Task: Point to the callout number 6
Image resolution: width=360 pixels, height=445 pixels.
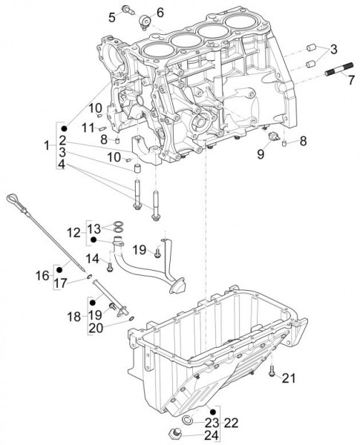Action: [x=160, y=12]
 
